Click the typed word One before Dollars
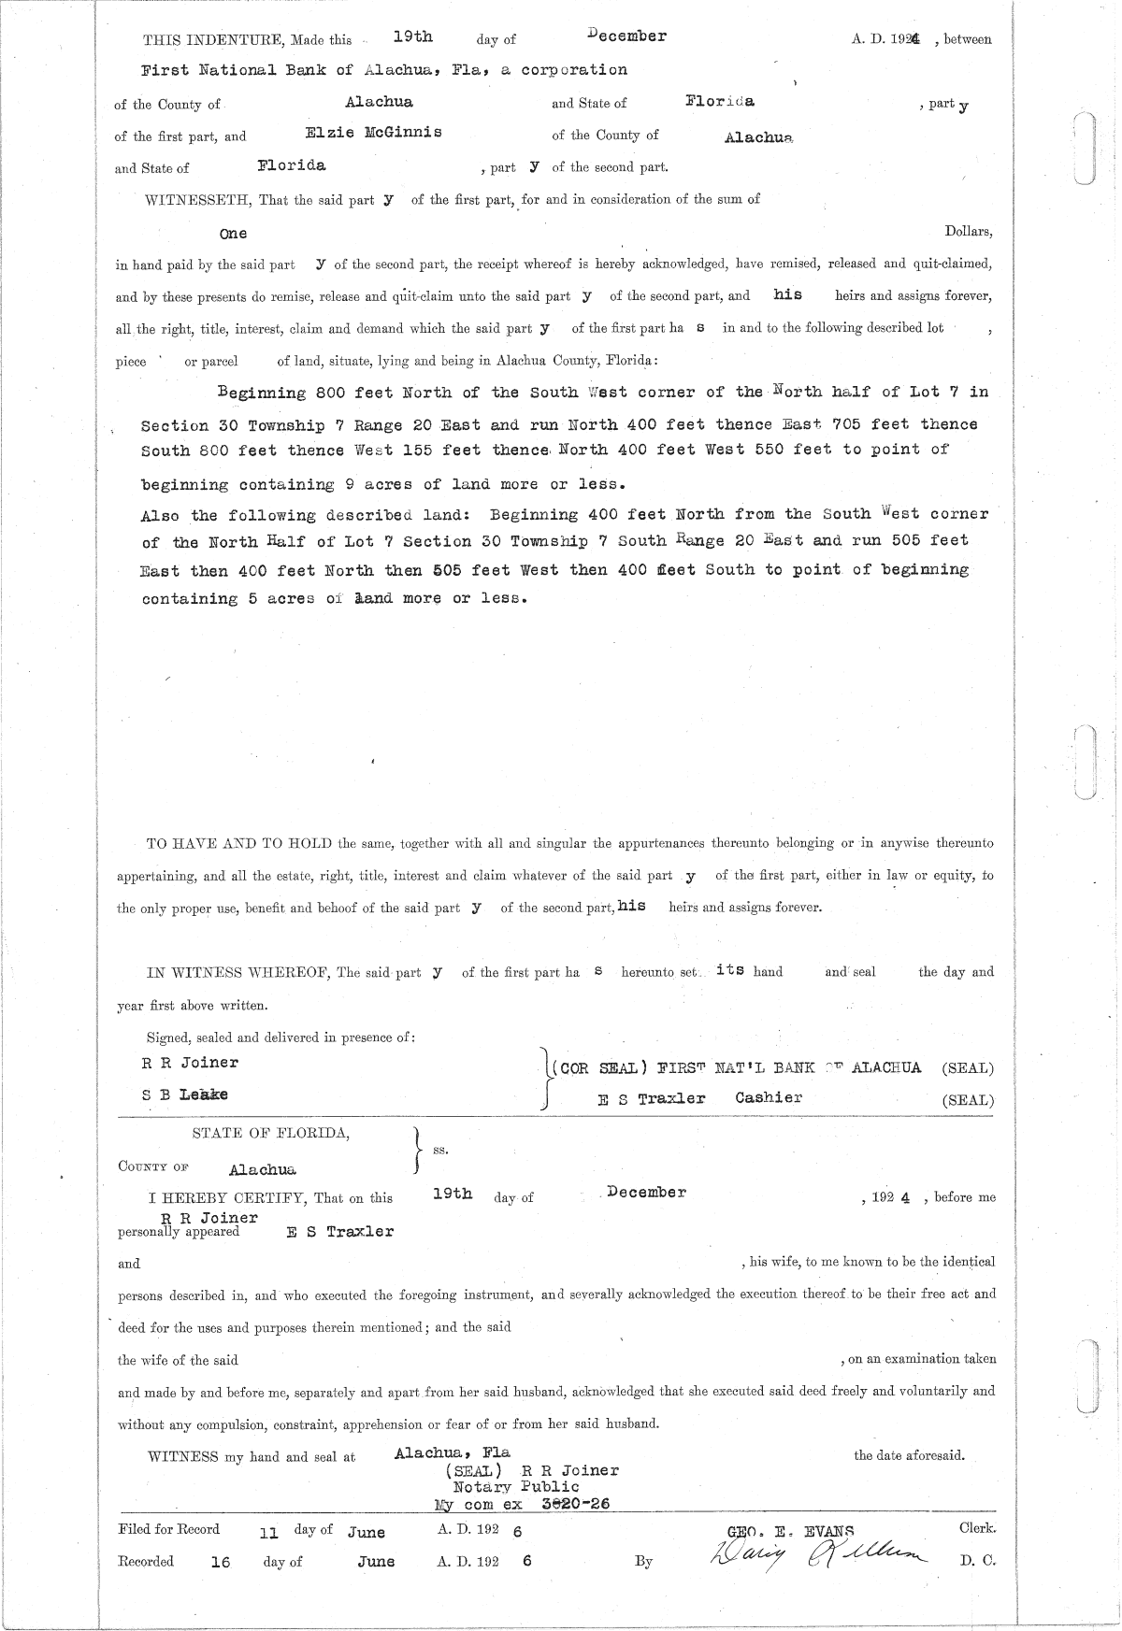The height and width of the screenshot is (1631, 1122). (x=233, y=233)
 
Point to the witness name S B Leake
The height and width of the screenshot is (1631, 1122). (x=185, y=1094)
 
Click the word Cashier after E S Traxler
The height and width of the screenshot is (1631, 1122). (x=769, y=1097)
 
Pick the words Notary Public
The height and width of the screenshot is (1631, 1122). (x=516, y=1486)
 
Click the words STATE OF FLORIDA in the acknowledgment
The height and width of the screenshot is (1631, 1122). (x=271, y=1133)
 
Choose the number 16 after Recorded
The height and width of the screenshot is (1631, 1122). (x=221, y=1561)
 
